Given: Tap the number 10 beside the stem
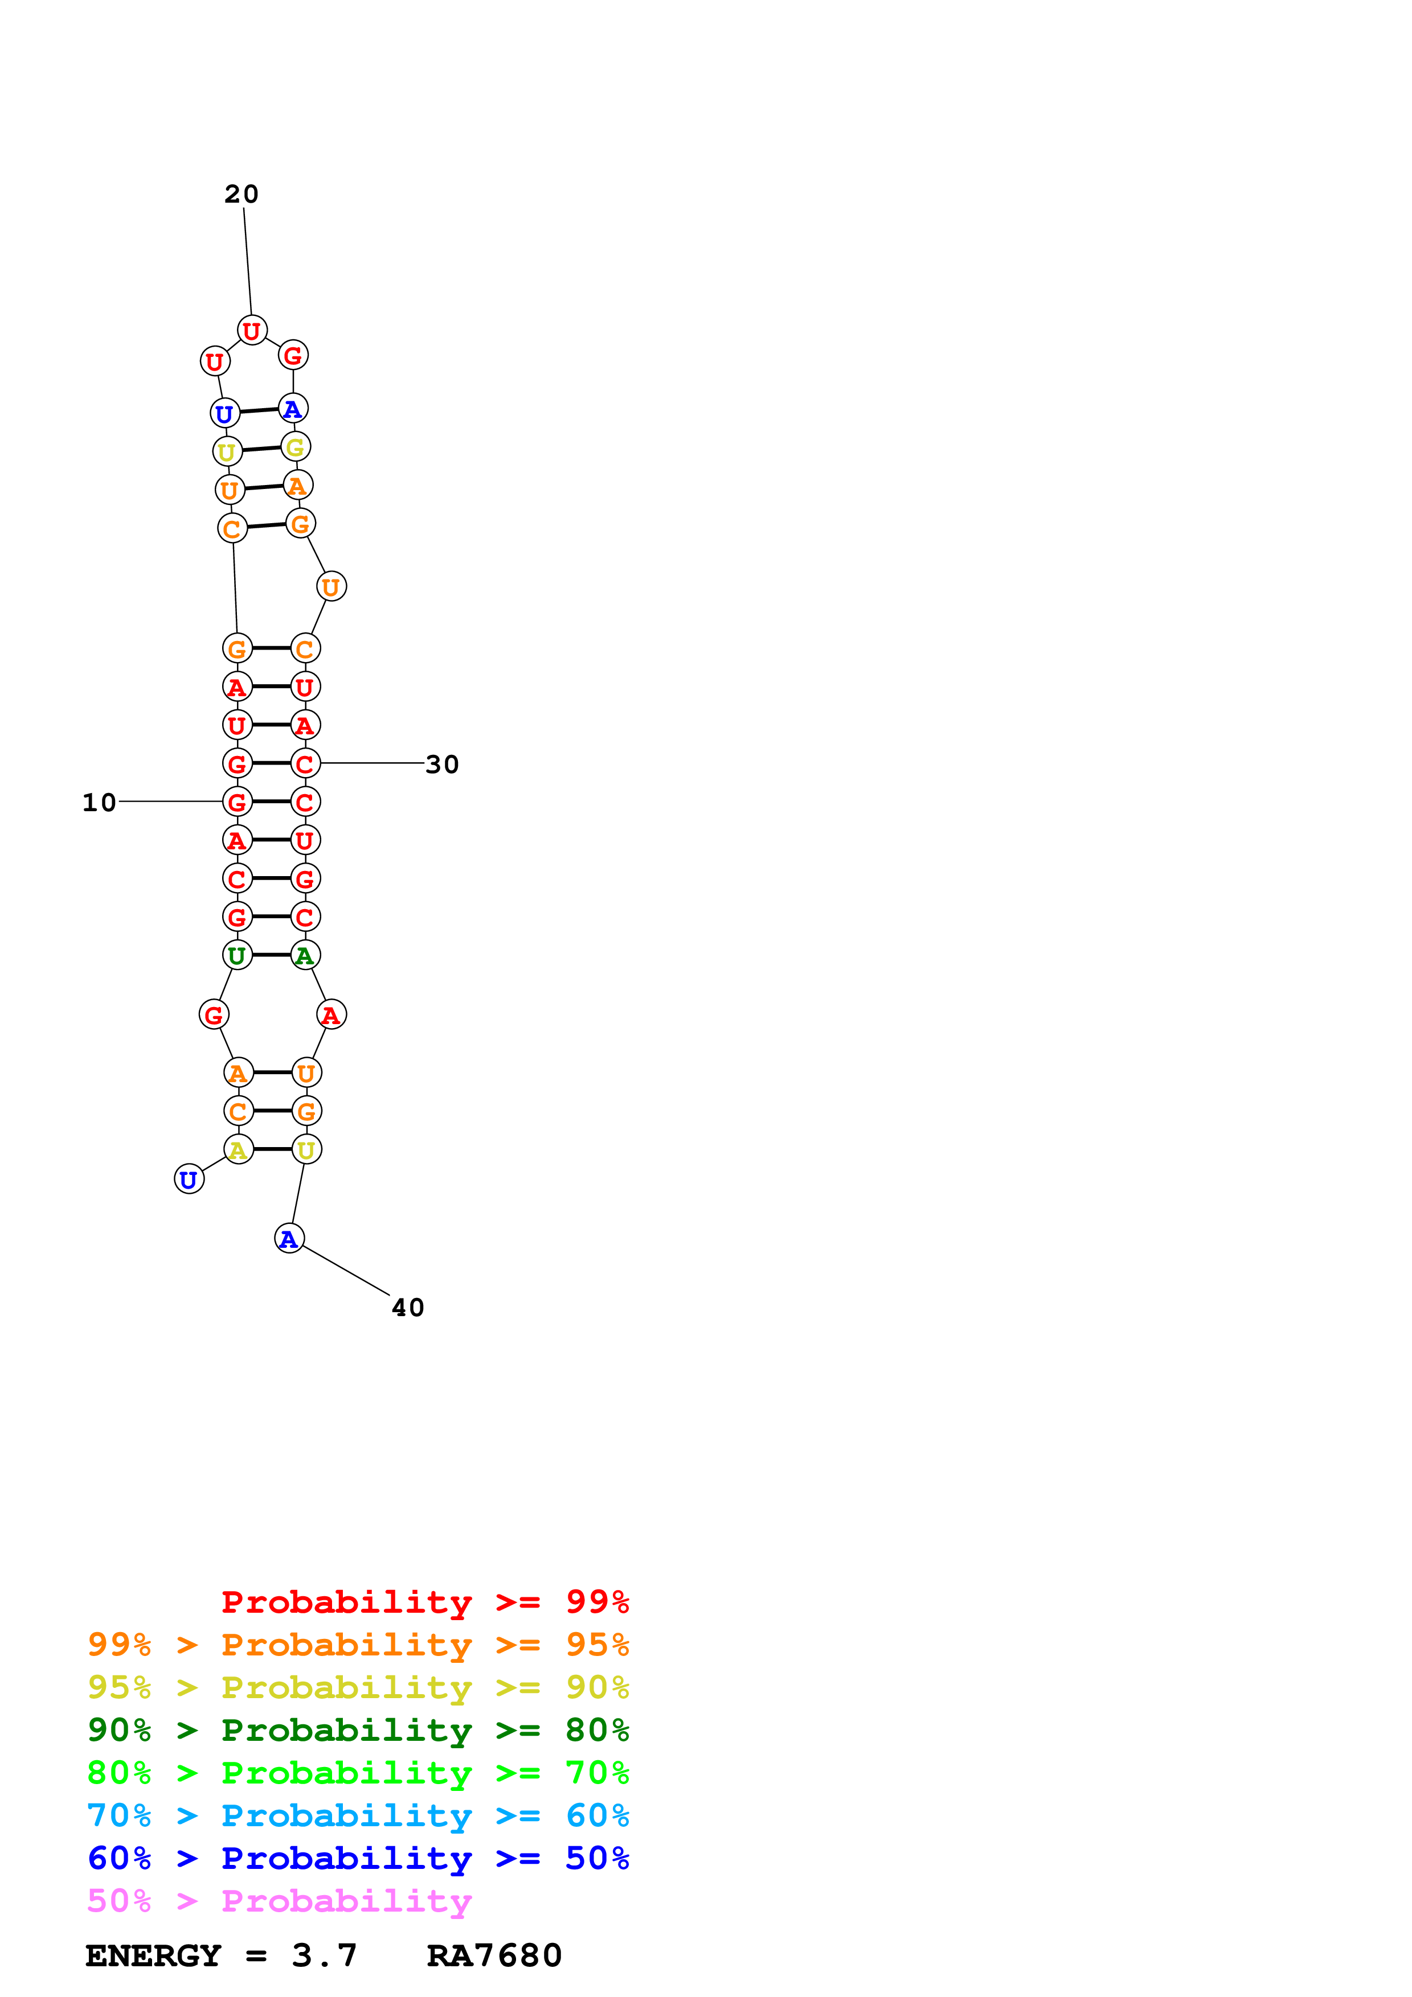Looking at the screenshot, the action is coord(99,802).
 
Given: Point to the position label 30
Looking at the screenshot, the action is coord(442,765).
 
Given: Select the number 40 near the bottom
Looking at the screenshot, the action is coord(408,1307).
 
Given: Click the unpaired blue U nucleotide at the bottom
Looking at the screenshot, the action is coord(189,1180).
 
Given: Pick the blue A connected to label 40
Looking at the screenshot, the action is coord(289,1239).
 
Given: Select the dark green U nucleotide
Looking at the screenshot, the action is coord(236,955).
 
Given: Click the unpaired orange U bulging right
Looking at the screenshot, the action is coord(330,587).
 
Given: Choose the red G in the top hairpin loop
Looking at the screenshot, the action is coord(293,355).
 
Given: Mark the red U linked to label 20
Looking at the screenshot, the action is coord(251,331).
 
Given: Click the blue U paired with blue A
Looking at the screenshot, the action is coord(224,413).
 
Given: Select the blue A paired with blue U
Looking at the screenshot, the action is coord(292,408).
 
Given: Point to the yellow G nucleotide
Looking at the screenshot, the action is coord(295,447).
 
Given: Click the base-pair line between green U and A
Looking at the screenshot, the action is coord(271,955).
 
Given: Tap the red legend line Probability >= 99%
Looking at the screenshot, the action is coord(425,1601).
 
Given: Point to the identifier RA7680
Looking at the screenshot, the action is coord(494,1955).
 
